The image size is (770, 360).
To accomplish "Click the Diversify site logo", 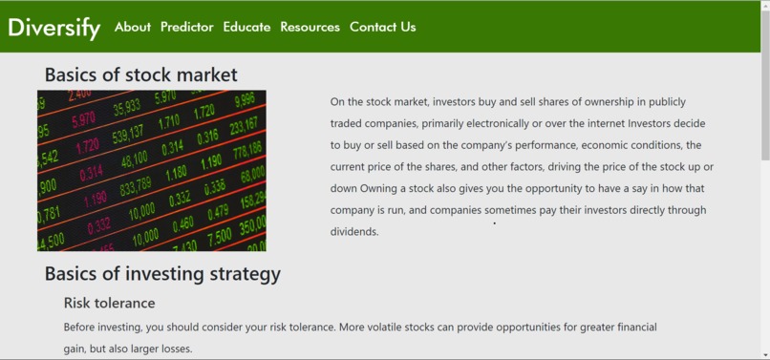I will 53,28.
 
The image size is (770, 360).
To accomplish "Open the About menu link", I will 132,27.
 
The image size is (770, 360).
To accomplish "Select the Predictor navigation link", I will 186,27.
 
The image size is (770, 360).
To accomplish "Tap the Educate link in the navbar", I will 246,27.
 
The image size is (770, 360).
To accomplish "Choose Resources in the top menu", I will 310,27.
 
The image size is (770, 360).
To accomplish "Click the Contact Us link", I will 382,27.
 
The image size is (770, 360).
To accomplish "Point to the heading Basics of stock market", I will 140,74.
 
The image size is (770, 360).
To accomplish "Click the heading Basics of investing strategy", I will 162,274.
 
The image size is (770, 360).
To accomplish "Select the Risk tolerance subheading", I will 109,303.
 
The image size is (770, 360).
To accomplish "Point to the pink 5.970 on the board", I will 83,119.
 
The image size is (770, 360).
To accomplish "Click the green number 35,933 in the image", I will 126,106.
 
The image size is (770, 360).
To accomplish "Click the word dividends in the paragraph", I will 354,232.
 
